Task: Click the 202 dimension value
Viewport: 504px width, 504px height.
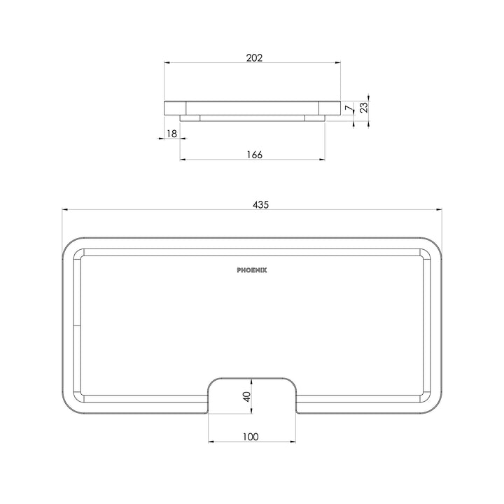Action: click(253, 58)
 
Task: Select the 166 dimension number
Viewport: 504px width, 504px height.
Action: click(253, 155)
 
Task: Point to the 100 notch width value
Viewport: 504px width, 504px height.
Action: click(251, 437)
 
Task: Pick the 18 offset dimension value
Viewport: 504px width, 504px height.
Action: click(171, 133)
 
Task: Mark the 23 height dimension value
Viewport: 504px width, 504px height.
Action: click(364, 108)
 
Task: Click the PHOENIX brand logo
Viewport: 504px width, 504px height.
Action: click(252, 269)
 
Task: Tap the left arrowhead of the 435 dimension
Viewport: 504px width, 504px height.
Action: click(65, 209)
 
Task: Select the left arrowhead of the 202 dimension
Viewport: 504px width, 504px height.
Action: click(167, 62)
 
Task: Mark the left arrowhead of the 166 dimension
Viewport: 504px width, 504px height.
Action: click(183, 160)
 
